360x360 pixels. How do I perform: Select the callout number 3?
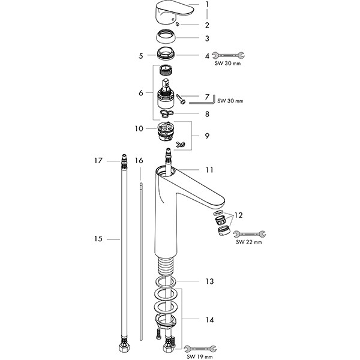tap(208, 38)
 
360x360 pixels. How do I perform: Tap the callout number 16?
tap(139, 161)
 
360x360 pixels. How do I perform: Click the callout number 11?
tap(208, 170)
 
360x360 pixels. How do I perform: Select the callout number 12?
tap(239, 215)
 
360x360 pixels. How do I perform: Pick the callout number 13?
tap(208, 281)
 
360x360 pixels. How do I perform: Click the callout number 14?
tap(208, 320)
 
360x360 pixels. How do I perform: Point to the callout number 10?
tap(139, 128)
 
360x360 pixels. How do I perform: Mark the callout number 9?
tap(208, 136)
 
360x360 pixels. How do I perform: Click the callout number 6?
tap(141, 92)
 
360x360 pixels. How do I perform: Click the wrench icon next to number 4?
tap(229, 56)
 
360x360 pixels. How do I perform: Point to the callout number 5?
tap(141, 55)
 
